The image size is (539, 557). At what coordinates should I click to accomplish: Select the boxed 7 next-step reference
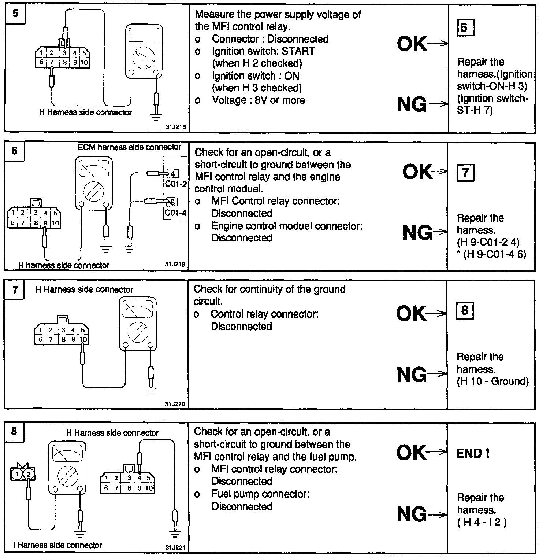click(465, 173)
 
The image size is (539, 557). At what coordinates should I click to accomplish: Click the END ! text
click(473, 454)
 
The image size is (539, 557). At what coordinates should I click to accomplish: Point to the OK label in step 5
click(412, 44)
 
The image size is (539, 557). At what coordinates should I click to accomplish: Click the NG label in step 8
click(412, 514)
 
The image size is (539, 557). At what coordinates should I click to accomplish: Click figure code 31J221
click(175, 548)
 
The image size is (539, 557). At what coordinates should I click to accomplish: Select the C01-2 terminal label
click(176, 184)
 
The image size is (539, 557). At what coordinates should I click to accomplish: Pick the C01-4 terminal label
click(176, 212)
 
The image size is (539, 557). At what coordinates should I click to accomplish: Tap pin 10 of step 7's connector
click(83, 339)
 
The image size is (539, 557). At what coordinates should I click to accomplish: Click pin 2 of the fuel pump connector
click(29, 474)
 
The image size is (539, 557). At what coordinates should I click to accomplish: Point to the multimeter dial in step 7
click(137, 331)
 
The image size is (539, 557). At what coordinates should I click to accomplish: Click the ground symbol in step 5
click(156, 117)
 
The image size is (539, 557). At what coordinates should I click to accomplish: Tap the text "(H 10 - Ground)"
click(492, 381)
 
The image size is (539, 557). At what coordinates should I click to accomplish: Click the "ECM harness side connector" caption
click(129, 147)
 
